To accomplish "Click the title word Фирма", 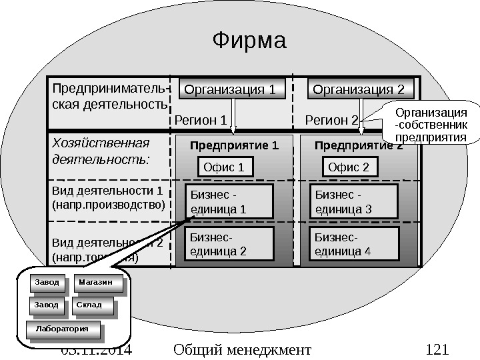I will [x=249, y=41].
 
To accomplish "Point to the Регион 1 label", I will [x=201, y=120].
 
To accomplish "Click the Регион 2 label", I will [x=331, y=120].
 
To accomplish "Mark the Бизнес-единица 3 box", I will [x=355, y=202].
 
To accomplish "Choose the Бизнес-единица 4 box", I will [x=355, y=245].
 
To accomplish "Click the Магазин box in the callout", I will [x=98, y=283].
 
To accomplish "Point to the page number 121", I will [x=437, y=349].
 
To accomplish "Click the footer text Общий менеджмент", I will [x=241, y=349].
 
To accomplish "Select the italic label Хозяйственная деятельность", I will [x=102, y=152].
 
